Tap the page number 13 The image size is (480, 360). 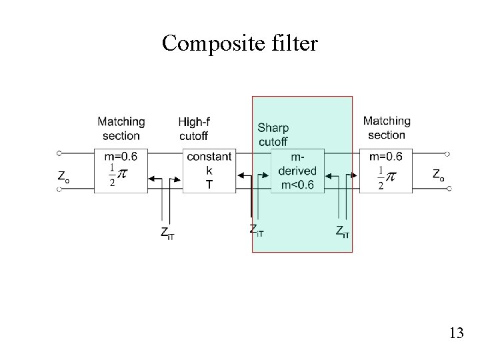[456, 333]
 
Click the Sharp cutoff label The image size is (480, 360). [273, 135]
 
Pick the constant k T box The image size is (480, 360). [209, 171]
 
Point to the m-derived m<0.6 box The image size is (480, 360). [298, 171]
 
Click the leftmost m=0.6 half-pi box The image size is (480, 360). [121, 171]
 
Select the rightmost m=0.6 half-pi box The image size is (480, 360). [386, 171]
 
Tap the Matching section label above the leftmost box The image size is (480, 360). [121, 129]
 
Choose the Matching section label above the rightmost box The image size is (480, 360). [387, 128]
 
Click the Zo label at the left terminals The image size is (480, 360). [63, 177]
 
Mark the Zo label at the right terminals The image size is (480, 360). [439, 175]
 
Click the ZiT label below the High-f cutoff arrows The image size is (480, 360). [167, 233]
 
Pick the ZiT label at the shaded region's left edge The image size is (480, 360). [257, 231]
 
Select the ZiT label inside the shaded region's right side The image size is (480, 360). [343, 232]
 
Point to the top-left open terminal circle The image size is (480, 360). [59, 153]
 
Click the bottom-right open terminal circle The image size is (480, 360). [448, 189]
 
